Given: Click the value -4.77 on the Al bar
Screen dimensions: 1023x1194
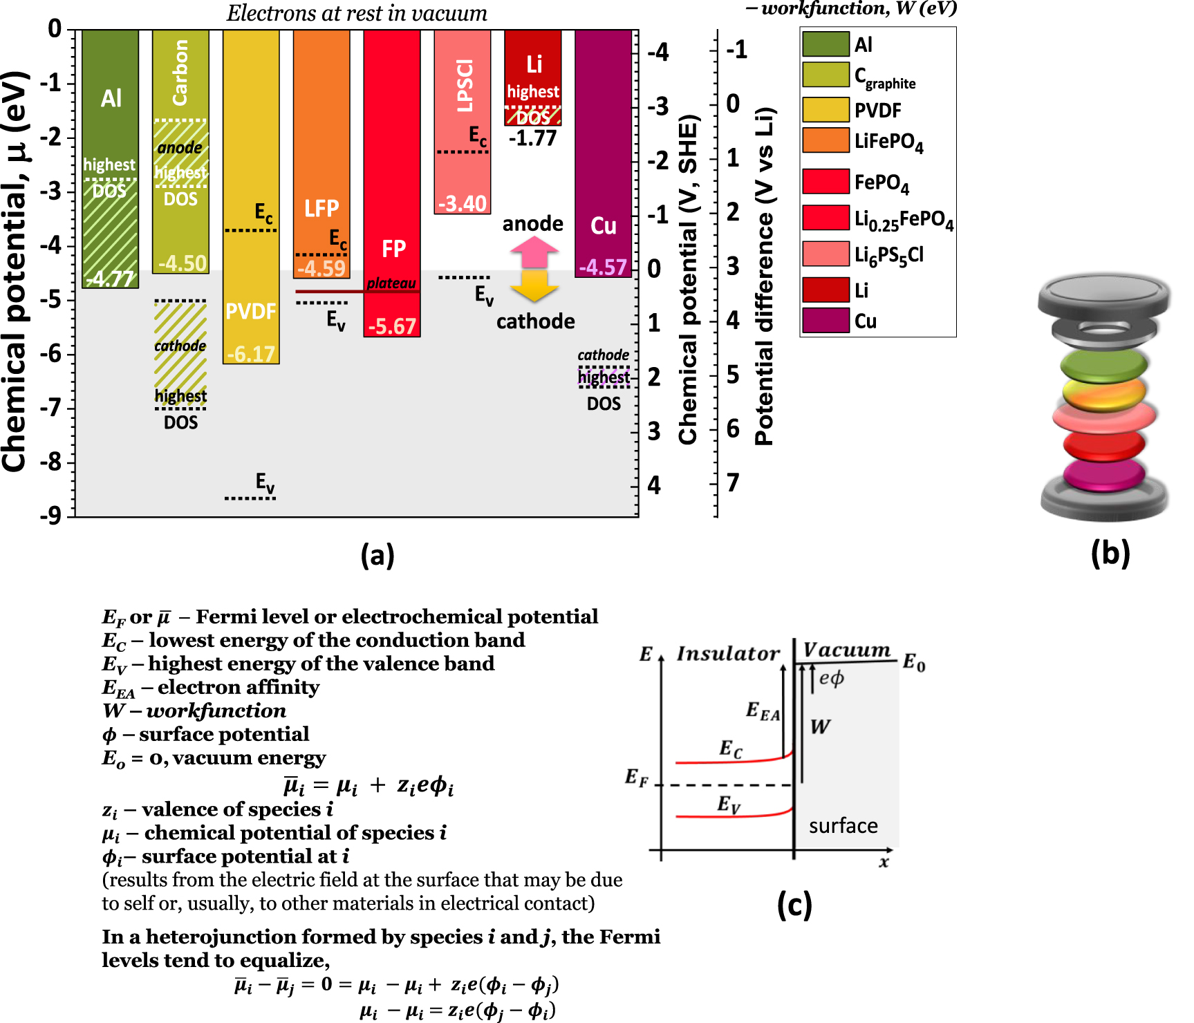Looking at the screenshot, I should click(111, 279).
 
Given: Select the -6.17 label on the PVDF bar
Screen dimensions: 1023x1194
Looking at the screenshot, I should click(251, 354).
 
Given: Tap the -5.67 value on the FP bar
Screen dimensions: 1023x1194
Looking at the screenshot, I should click(392, 326).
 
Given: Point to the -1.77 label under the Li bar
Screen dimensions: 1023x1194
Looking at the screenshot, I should click(532, 138).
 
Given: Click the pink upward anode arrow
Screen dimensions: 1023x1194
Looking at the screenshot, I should click(534, 252).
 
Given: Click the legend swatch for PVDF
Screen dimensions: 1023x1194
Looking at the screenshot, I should click(825, 110).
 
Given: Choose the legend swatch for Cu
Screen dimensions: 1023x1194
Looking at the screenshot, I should click(825, 320).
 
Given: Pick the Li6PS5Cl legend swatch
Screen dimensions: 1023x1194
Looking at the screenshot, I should click(825, 254).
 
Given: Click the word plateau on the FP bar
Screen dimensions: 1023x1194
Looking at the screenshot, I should click(391, 283).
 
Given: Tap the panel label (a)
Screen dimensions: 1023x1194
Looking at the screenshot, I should click(377, 555).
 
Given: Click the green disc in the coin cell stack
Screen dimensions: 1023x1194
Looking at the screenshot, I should click(1103, 364).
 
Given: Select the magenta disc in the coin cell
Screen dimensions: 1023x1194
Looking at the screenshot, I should click(1103, 474).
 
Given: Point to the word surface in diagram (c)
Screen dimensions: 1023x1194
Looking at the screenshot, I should click(843, 826).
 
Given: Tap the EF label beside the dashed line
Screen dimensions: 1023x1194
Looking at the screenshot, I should click(637, 778).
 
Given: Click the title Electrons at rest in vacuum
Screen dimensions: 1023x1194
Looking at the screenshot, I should click(357, 13).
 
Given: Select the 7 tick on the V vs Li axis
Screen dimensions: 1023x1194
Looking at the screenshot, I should click(734, 482).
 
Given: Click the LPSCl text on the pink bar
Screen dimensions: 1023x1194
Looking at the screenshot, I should click(465, 86).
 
